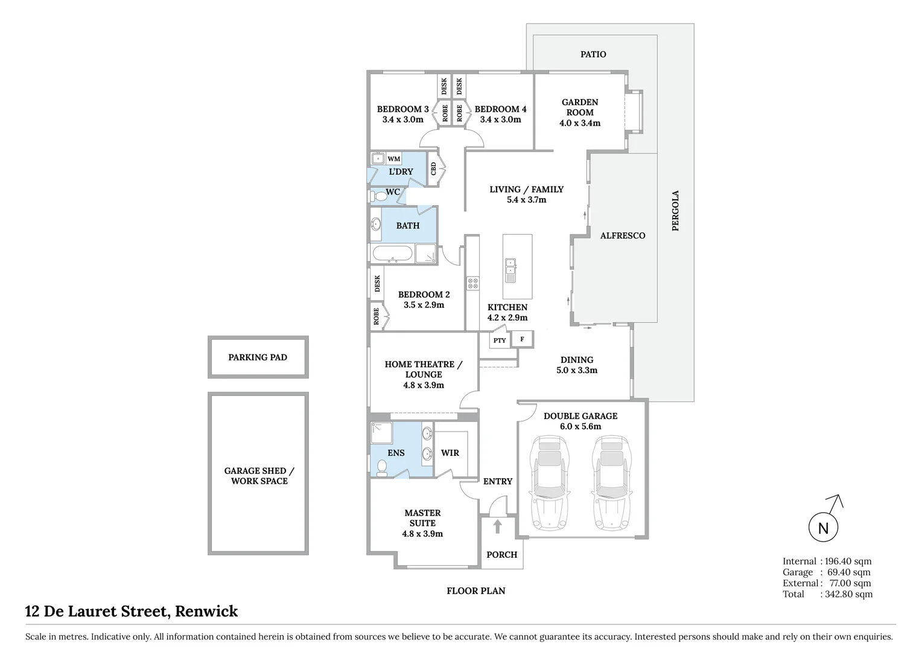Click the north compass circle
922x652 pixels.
(x=823, y=528)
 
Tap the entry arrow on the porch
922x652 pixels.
(x=497, y=526)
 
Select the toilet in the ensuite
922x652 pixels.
(x=381, y=468)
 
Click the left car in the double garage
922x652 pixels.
(x=549, y=483)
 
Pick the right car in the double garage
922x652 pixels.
(x=612, y=483)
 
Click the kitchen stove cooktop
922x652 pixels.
(x=472, y=283)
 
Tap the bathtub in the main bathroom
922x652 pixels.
(x=392, y=254)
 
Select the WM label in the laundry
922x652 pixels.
(x=393, y=159)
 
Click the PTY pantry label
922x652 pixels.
(x=500, y=340)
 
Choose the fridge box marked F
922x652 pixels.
(x=522, y=339)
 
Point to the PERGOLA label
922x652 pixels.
(x=675, y=211)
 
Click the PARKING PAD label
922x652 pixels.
(x=258, y=357)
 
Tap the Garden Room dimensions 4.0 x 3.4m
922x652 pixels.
(x=580, y=123)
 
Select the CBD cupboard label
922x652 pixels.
(x=433, y=168)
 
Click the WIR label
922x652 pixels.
(x=450, y=453)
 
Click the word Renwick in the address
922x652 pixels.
(x=207, y=612)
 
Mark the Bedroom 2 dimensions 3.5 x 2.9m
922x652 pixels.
(x=424, y=305)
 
